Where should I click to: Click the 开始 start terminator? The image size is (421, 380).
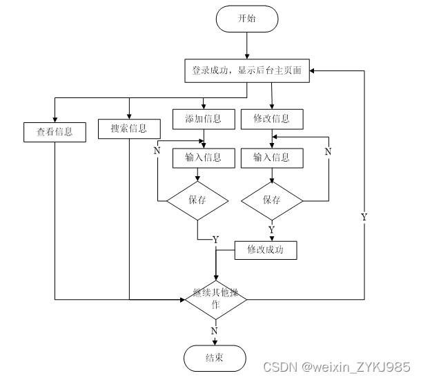coord(246,19)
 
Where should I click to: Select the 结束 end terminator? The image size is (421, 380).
coord(215,357)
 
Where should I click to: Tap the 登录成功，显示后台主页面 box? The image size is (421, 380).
coord(246,70)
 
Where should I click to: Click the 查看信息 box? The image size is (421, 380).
coord(55,131)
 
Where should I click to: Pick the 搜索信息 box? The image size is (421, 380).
coord(129,129)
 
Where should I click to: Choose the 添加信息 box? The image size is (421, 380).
coord(203,119)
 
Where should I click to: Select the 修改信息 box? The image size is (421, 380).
coord(271,119)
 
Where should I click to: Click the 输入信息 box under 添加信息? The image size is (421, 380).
coord(203,158)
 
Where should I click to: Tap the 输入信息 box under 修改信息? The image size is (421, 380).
coord(271,158)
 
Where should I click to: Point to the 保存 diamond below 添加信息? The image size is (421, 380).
coord(198,200)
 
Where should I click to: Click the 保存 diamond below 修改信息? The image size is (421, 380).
coord(271,200)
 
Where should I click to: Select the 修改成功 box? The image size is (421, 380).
coord(266,250)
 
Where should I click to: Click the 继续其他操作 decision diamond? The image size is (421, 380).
coord(215,299)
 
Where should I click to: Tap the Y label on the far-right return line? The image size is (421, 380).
coord(364,217)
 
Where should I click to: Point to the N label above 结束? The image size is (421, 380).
coord(214,331)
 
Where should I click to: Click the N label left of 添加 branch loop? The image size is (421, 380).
coord(157,151)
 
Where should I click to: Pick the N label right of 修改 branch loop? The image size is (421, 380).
coord(328,151)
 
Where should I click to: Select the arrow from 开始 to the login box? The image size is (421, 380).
coord(246,46)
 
